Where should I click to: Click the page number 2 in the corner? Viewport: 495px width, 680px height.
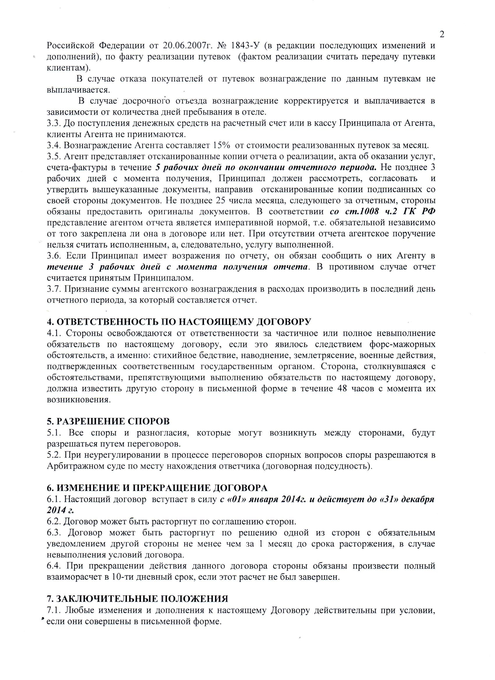coord(442,34)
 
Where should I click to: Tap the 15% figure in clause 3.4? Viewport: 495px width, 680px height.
coord(221,145)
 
